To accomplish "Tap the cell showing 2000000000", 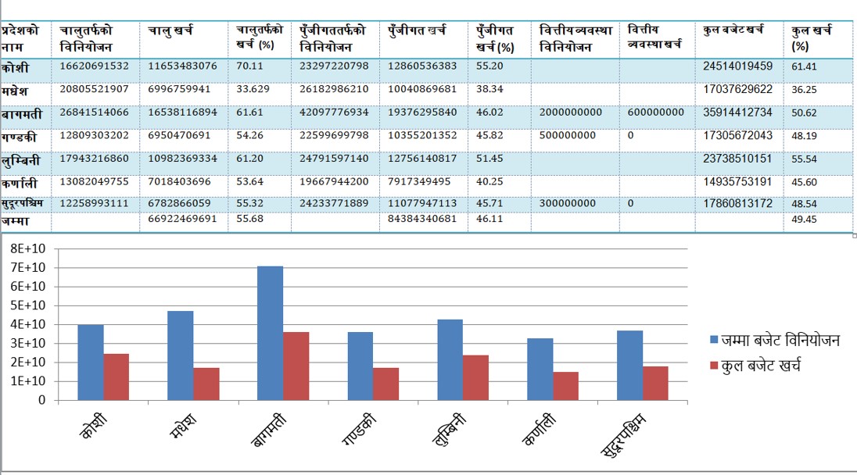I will click(571, 112).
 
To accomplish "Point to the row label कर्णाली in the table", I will click(20, 183).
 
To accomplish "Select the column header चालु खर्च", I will click(171, 30).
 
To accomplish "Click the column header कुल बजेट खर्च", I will click(733, 30).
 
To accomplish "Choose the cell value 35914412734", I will click(738, 112).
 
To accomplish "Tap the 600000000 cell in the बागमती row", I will click(655, 112).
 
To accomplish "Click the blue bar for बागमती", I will click(271, 333).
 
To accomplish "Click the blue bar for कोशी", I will click(91, 362).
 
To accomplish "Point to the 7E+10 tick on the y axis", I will click(25, 268).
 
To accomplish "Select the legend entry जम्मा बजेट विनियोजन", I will click(773, 341).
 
